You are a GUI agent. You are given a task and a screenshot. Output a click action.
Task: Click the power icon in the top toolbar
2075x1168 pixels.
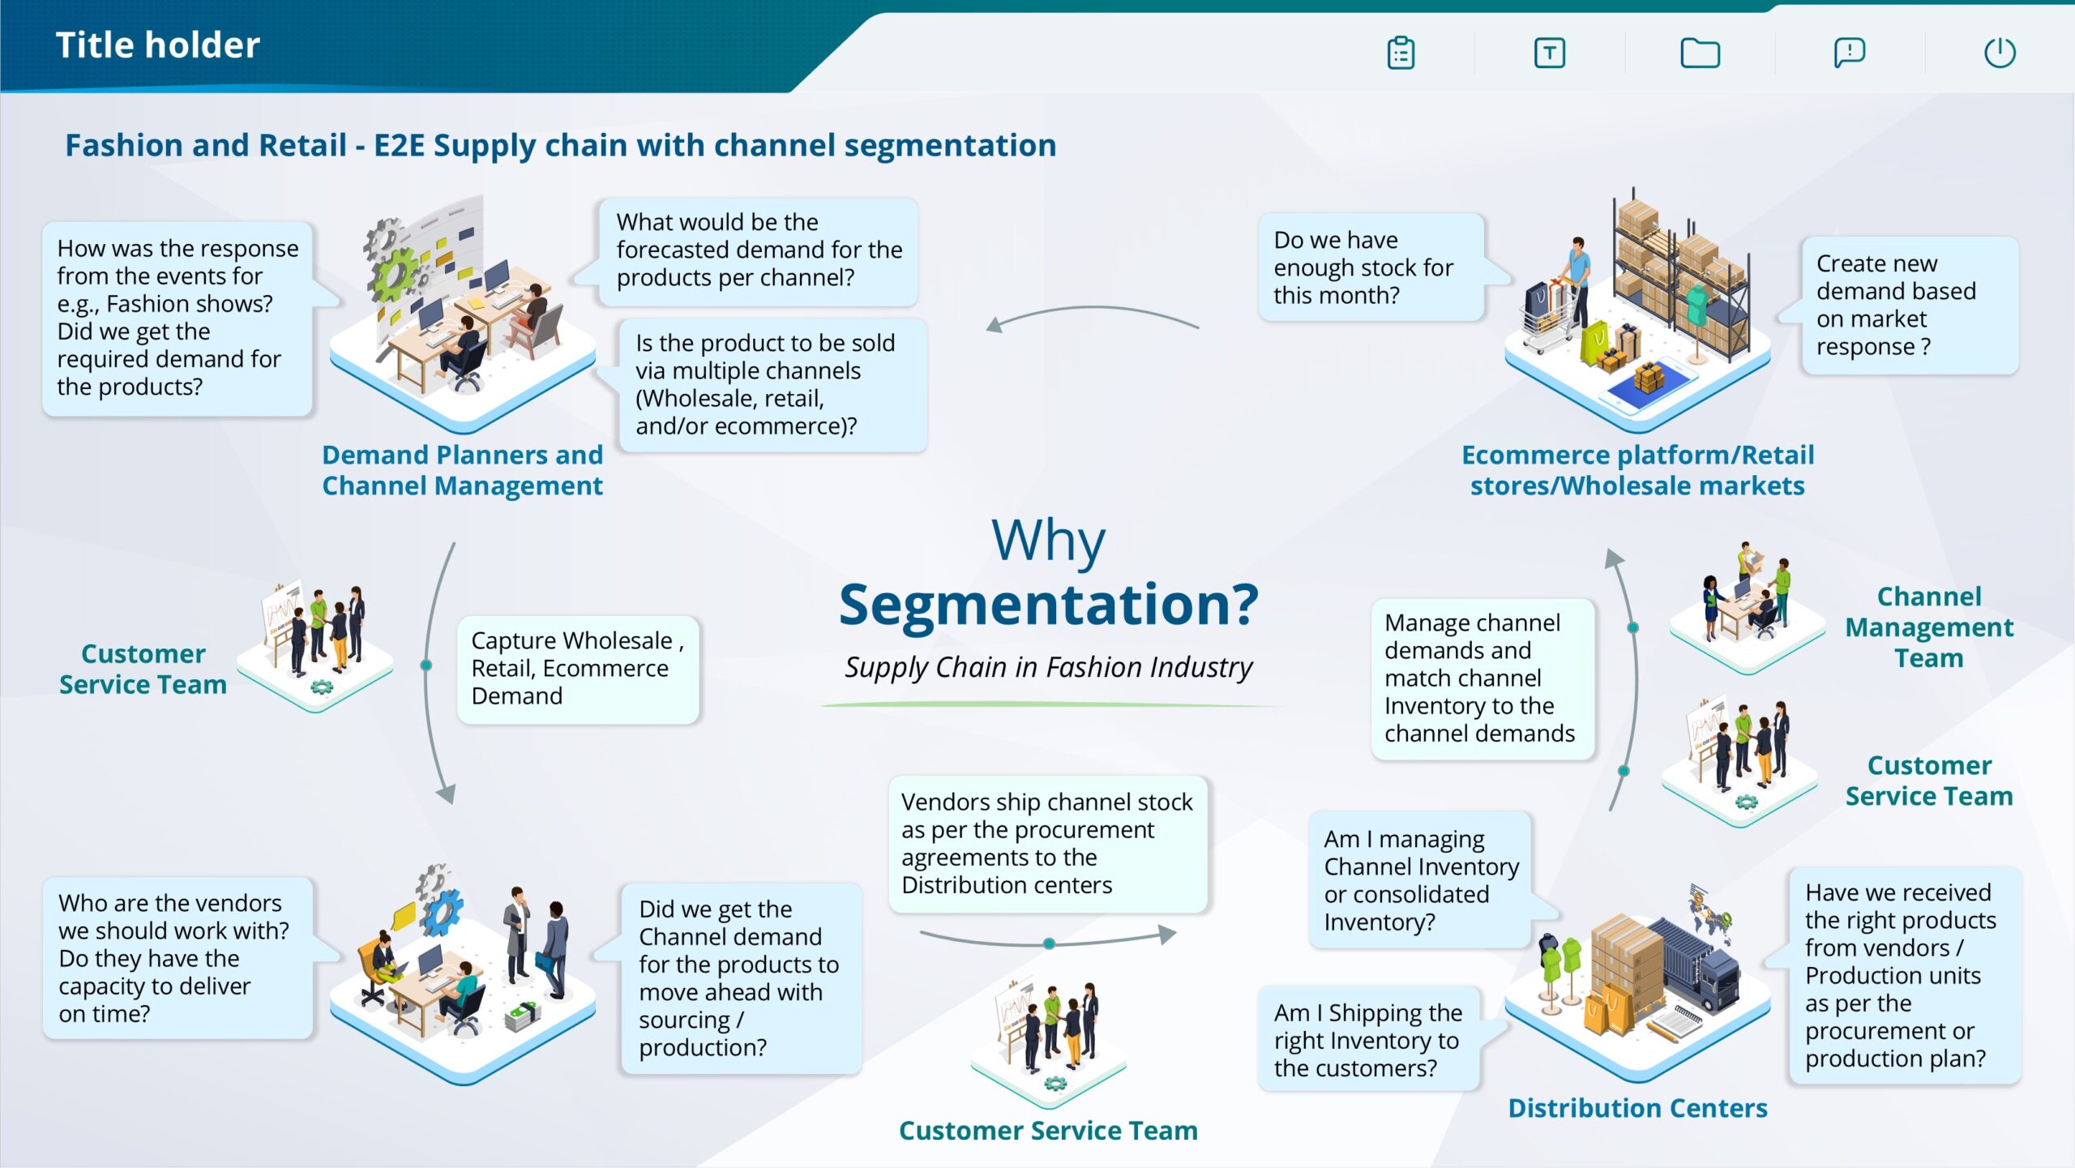point(1999,53)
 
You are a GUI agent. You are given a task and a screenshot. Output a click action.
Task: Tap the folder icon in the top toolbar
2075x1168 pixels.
point(1700,53)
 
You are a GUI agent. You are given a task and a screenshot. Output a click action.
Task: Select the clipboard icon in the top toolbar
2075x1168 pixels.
point(1401,53)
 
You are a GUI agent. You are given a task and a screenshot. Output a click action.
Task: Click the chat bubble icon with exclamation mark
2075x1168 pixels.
point(1849,53)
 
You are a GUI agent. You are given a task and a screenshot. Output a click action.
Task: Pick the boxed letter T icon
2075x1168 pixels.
point(1549,53)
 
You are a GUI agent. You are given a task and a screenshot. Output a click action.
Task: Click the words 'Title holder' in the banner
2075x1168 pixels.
point(158,45)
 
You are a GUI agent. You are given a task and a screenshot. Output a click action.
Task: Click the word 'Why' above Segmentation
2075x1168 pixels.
point(1048,541)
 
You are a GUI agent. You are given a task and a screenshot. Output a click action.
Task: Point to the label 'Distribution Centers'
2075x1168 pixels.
point(1637,1108)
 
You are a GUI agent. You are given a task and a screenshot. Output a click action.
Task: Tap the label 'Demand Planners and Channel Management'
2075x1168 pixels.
point(462,470)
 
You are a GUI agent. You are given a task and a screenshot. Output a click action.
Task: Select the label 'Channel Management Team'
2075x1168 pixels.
point(1929,627)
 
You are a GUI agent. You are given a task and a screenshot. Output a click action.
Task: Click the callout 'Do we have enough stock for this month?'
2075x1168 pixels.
point(1370,267)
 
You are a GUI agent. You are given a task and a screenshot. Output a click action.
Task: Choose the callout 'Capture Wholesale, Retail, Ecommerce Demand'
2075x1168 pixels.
point(577,669)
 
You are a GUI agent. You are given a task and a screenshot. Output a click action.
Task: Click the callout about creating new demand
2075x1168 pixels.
point(1909,306)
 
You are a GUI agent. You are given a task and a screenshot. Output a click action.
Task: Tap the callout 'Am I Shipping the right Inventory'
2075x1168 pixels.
point(1368,1040)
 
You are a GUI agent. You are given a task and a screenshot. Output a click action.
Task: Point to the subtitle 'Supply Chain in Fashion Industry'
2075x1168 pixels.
point(1048,667)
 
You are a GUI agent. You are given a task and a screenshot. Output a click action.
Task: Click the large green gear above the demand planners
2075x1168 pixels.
point(395,274)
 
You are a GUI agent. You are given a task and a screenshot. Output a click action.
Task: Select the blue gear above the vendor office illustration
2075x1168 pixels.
point(443,911)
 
